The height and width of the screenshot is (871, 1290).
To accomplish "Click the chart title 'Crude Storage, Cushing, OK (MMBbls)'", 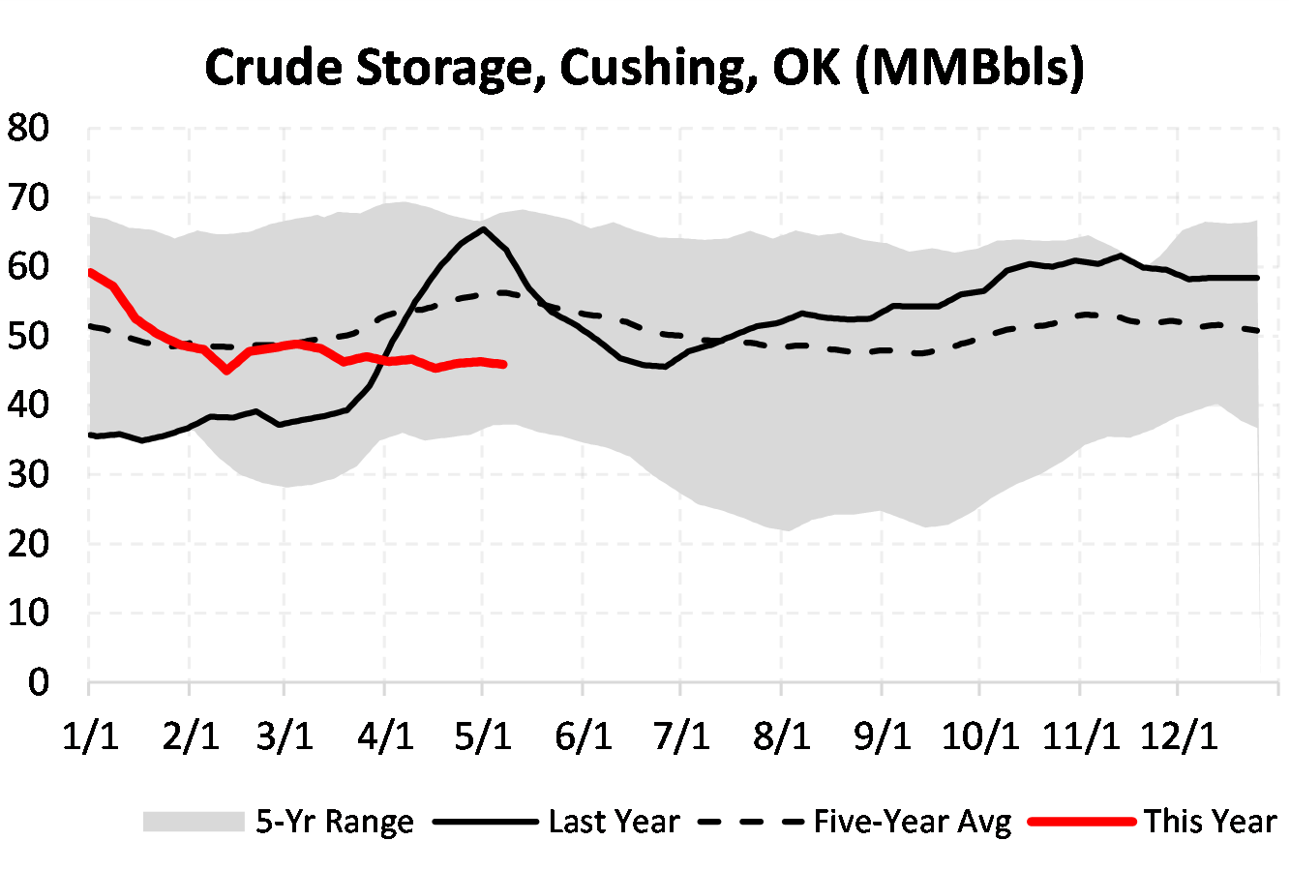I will point(645,68).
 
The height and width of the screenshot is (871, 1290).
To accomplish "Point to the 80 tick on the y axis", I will point(28,129).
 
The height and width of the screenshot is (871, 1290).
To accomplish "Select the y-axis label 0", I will point(39,682).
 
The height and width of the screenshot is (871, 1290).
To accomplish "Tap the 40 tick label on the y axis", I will point(28,405).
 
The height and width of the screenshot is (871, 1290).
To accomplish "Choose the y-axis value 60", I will point(28,267).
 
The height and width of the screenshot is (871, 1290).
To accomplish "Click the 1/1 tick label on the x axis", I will point(90,736).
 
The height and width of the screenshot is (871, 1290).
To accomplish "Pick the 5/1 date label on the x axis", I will point(483,736).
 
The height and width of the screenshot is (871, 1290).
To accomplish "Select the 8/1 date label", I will point(781,736).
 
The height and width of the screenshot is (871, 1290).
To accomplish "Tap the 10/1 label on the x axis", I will point(981,736).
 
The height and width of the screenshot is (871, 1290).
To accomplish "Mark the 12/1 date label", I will point(1179,736).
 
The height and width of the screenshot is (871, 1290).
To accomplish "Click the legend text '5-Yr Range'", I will point(335,822).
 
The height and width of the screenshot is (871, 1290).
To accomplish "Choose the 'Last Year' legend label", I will point(614,822).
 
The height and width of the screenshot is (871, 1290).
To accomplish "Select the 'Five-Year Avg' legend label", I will point(912,822).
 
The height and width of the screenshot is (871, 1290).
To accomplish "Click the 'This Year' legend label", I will point(1210,822).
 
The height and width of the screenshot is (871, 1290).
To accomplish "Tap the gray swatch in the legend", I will point(194,822).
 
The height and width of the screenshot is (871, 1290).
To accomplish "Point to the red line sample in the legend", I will point(1081,822).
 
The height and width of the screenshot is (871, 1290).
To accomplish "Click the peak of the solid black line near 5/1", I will point(483,229).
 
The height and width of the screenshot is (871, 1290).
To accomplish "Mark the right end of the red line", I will point(504,364).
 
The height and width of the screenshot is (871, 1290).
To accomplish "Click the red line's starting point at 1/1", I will point(90,272).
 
